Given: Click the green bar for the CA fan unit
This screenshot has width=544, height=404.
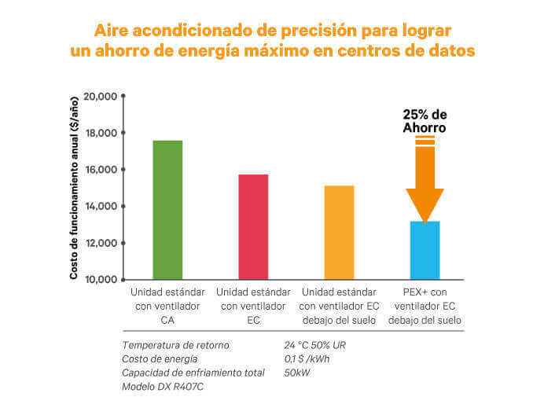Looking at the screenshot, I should tap(167, 210).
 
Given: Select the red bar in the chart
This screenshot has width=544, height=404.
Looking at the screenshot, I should tap(253, 226).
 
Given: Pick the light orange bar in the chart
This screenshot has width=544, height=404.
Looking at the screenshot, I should tap(339, 233).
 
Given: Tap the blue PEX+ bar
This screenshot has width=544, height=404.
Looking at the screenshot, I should tap(425, 250).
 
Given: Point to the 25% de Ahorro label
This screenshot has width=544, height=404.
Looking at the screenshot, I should tap(425, 120).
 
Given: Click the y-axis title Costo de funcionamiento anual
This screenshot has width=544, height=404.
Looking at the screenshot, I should tap(74, 187).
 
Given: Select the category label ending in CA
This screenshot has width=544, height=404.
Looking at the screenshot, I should tap(167, 306).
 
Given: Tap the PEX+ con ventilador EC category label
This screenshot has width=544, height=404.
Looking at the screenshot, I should tap(425, 306).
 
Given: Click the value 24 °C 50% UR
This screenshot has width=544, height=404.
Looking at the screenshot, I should tap(315, 345).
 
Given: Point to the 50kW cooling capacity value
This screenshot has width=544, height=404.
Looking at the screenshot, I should tap(296, 373).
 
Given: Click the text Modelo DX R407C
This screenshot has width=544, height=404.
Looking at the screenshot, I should tap(160, 387).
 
